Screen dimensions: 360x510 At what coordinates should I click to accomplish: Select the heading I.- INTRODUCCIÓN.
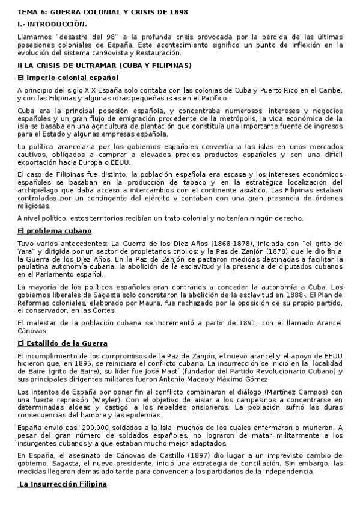(52, 24)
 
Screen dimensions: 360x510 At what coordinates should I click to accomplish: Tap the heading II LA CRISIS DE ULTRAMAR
(105, 65)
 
